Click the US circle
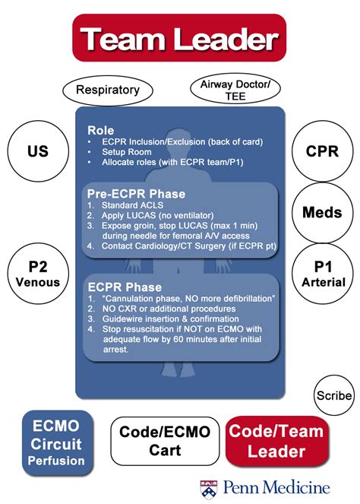[x=37, y=151]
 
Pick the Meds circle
[x=323, y=212]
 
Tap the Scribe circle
[x=333, y=395]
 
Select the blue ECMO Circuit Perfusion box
[x=58, y=441]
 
